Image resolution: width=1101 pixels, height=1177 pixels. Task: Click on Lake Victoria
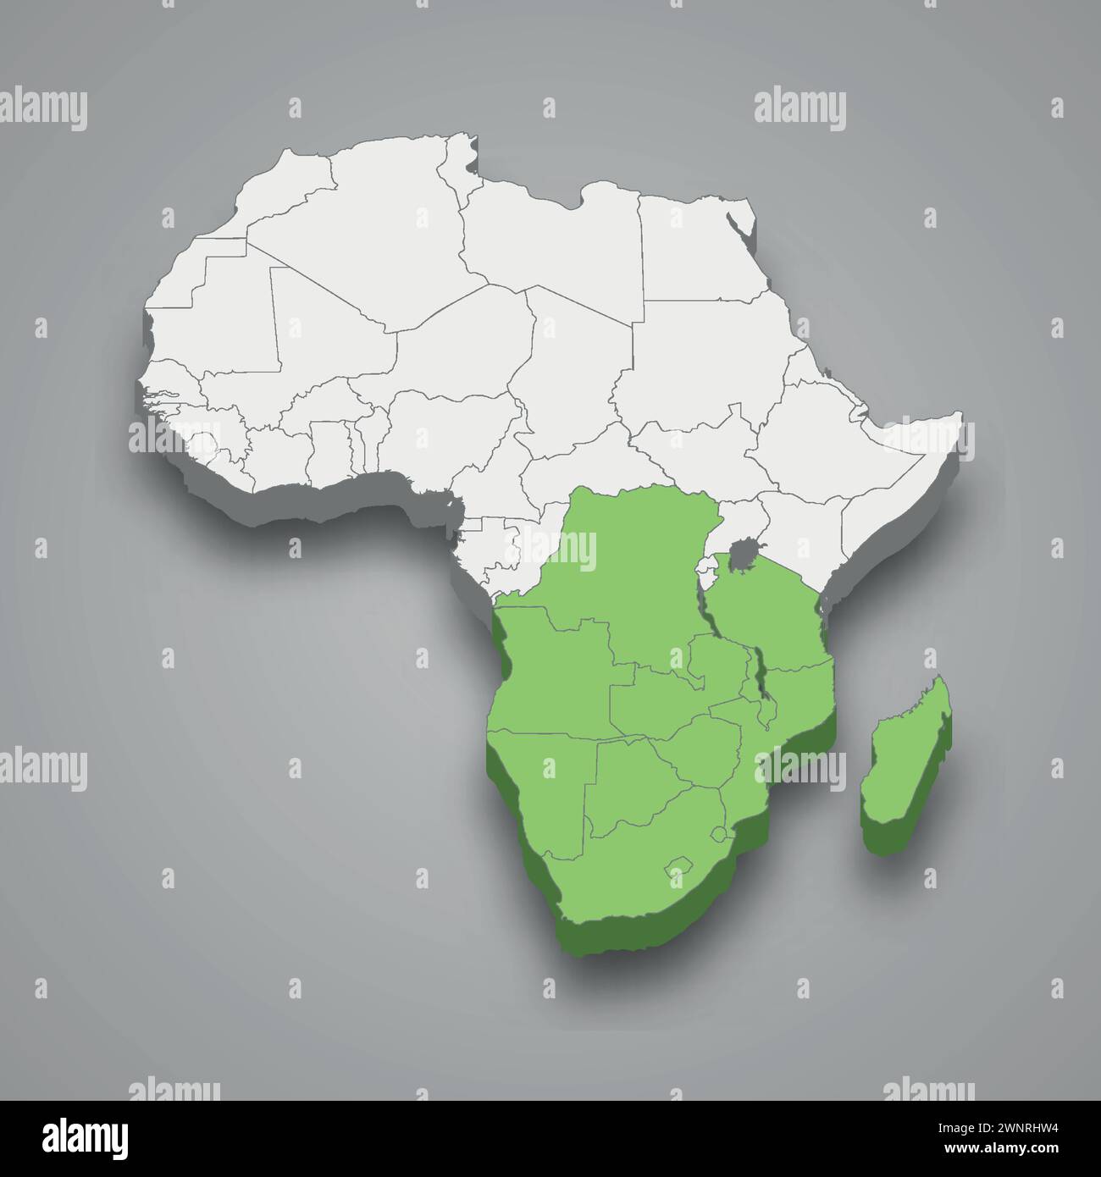[x=746, y=556]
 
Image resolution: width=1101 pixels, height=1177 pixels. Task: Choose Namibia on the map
[x=542, y=787]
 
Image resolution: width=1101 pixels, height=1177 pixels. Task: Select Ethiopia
[x=813, y=423]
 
